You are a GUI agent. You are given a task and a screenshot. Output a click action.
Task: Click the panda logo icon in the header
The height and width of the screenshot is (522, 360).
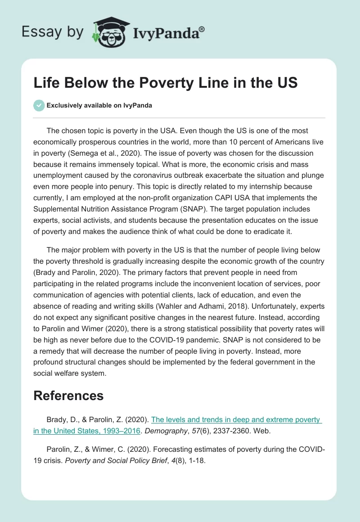[109, 32]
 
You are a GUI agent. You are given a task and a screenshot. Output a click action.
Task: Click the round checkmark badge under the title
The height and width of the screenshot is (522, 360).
[39, 105]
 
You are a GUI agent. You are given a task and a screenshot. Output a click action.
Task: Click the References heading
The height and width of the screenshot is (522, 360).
[68, 396]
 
